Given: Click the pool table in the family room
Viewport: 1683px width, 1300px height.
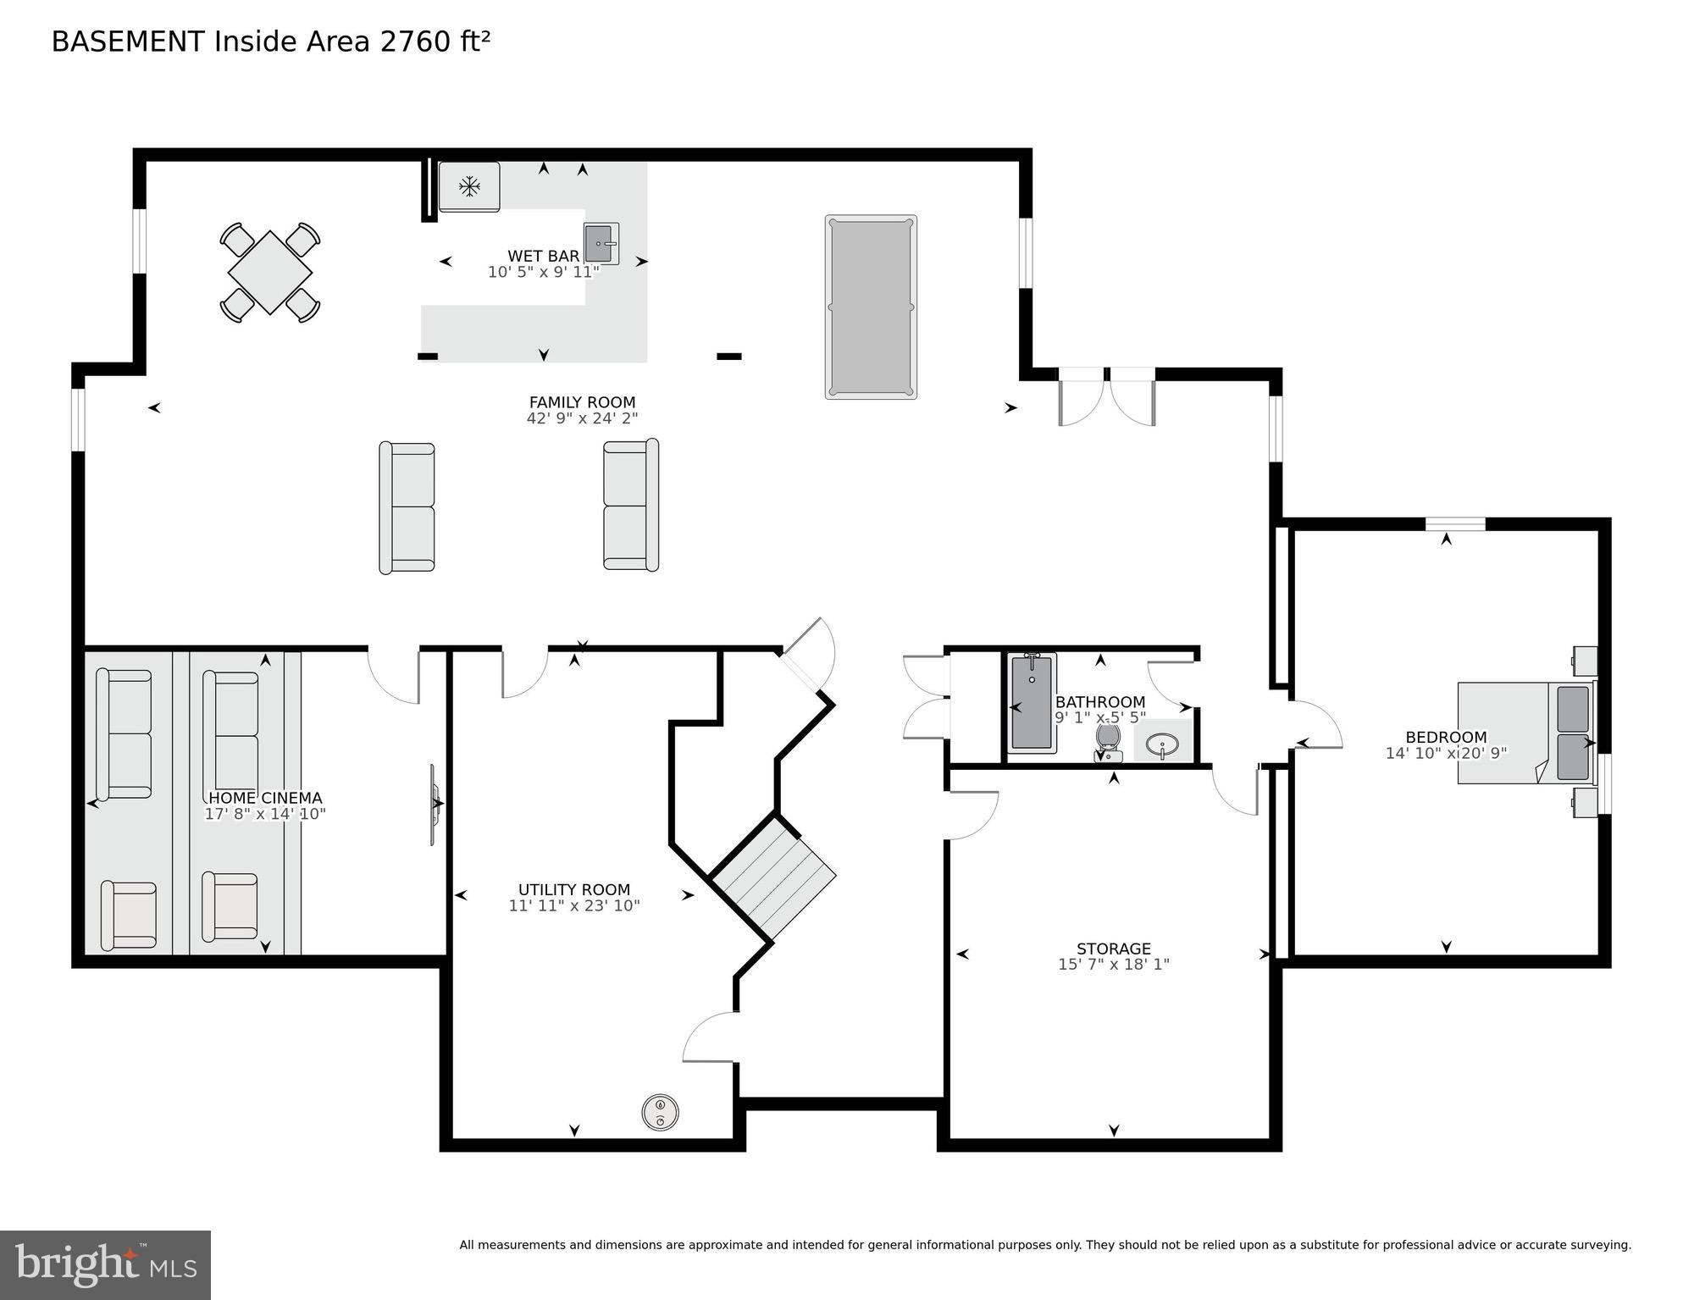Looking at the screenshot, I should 871,307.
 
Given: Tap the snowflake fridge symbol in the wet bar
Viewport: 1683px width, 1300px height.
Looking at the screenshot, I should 469,186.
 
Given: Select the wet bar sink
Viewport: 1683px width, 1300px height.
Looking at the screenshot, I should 600,244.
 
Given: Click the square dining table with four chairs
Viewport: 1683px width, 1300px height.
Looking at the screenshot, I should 270,273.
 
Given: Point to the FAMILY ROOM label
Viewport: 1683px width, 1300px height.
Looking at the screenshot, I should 582,402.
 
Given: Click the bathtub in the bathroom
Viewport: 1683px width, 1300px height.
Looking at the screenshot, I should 1032,702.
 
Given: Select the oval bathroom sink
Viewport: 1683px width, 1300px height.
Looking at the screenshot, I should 1162,745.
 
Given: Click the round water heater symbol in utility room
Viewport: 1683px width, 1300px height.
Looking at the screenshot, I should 660,1112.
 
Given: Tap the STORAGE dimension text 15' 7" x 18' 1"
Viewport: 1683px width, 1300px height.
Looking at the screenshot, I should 1113,964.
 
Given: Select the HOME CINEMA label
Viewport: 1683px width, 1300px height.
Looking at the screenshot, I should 265,798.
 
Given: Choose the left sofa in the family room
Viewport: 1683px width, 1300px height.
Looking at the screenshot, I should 407,506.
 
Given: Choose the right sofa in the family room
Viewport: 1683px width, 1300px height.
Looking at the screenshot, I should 631,505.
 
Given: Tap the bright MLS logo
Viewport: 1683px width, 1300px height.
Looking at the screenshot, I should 105,1264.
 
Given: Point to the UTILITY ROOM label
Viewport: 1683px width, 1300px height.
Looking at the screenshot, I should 573,889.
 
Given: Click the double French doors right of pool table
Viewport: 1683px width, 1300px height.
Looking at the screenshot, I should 1106,396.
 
